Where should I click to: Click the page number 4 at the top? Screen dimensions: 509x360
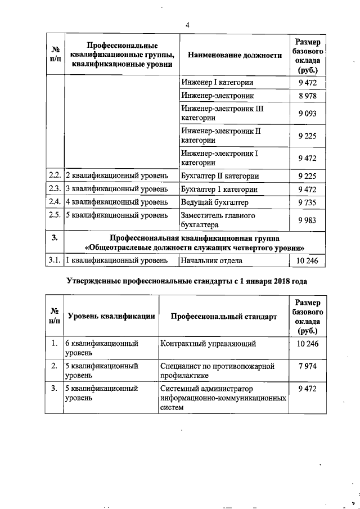(x=188, y=25)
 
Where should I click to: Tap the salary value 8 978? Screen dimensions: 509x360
(x=308, y=97)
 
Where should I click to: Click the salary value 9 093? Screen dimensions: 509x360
(x=308, y=114)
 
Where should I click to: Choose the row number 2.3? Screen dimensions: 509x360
(x=55, y=188)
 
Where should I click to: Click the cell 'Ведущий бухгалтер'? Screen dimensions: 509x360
(x=215, y=201)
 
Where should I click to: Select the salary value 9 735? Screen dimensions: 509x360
(x=308, y=201)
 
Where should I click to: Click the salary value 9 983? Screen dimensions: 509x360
(x=308, y=220)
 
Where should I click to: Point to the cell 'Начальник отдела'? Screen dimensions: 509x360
(x=211, y=260)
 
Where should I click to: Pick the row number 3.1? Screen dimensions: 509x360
(x=55, y=260)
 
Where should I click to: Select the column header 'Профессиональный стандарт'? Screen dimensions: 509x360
(x=224, y=317)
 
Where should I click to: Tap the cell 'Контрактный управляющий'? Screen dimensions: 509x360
(x=209, y=343)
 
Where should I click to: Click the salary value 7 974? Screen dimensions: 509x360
(x=308, y=366)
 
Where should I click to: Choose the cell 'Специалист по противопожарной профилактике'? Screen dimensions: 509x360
(x=217, y=371)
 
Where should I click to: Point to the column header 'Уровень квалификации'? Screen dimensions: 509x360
(x=111, y=317)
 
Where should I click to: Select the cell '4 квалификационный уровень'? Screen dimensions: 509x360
(x=117, y=201)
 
